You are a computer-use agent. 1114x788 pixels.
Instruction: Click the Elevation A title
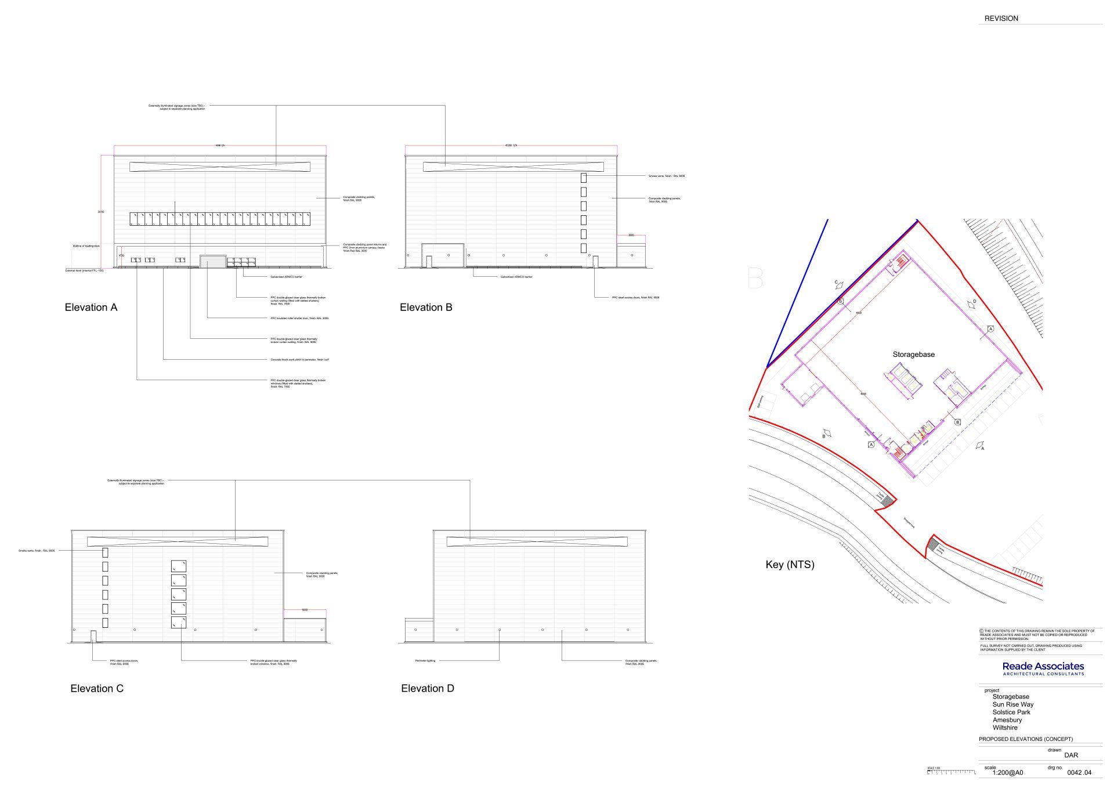pyautogui.click(x=91, y=308)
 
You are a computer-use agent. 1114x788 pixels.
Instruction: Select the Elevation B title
pyautogui.click(x=426, y=308)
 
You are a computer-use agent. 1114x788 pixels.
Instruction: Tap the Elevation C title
pyautogui.click(x=97, y=689)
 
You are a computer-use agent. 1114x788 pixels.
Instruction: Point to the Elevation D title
pyautogui.click(x=428, y=689)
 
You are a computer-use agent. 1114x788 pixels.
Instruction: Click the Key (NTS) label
pyautogui.click(x=790, y=565)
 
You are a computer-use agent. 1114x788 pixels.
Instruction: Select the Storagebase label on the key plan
pyautogui.click(x=913, y=355)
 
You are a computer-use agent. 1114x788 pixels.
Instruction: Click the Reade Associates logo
pyautogui.click(x=1043, y=668)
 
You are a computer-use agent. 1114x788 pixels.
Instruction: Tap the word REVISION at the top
pyautogui.click(x=1001, y=19)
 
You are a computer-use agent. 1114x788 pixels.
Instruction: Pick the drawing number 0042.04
pyautogui.click(x=1079, y=772)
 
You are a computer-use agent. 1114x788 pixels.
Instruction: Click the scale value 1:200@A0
pyautogui.click(x=1008, y=772)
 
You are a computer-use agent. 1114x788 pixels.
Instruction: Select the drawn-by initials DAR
pyautogui.click(x=1071, y=756)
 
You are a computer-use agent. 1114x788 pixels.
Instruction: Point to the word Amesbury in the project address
pyautogui.click(x=1007, y=720)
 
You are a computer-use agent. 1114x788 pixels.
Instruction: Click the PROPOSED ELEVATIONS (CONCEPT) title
pyautogui.click(x=1026, y=739)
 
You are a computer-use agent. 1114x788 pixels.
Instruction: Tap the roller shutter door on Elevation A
pyautogui.click(x=213, y=262)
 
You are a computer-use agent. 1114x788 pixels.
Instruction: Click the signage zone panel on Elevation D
pyautogui.click(x=537, y=542)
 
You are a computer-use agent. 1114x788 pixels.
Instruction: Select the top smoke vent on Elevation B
pyautogui.click(x=584, y=178)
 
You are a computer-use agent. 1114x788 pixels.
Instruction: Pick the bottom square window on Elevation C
pyautogui.click(x=179, y=623)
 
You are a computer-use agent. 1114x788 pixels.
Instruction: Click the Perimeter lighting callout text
pyautogui.click(x=425, y=661)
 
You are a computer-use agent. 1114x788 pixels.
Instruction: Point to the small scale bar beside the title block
pyautogui.click(x=952, y=772)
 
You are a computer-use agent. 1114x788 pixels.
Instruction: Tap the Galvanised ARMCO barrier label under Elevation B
pyautogui.click(x=516, y=277)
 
